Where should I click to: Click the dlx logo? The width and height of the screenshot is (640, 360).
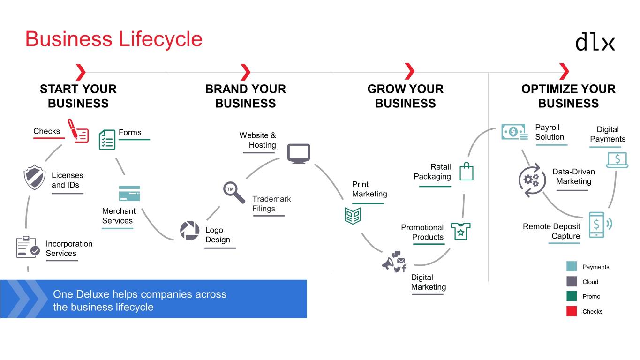click(x=595, y=42)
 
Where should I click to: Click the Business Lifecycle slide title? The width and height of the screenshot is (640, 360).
click(x=113, y=38)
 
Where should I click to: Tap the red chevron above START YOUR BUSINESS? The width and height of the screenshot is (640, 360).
click(x=81, y=72)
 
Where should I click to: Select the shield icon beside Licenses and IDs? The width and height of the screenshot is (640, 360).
click(x=34, y=177)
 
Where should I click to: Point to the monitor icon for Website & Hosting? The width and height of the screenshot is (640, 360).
click(x=298, y=154)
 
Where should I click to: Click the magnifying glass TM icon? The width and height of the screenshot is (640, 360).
click(x=233, y=192)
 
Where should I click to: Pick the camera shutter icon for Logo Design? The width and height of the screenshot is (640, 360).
click(x=190, y=231)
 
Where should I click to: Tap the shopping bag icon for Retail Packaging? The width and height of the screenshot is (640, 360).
click(x=466, y=172)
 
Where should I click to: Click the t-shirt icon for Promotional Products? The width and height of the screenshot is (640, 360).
click(x=460, y=231)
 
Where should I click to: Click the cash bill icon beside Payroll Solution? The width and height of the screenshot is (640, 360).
click(x=514, y=132)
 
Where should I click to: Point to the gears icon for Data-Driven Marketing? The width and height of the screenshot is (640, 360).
click(x=532, y=180)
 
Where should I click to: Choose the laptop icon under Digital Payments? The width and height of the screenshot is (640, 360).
click(x=617, y=160)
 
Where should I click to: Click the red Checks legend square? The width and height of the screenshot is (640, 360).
click(x=571, y=311)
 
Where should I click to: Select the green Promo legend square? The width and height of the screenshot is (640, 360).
click(x=571, y=296)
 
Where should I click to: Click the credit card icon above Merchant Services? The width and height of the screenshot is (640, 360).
click(x=129, y=193)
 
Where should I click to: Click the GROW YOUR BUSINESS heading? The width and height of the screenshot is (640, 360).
click(x=405, y=96)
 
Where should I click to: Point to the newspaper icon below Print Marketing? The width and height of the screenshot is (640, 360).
click(x=353, y=215)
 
